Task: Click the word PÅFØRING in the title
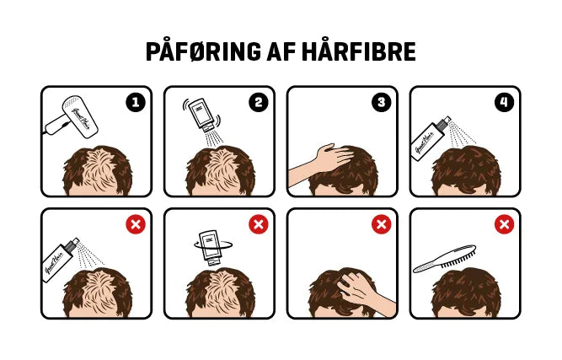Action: click(203, 51)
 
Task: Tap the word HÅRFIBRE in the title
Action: click(359, 51)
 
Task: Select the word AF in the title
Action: click(281, 52)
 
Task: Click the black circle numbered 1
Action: click(136, 103)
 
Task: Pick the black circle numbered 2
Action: click(259, 103)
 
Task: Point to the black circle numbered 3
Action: click(382, 103)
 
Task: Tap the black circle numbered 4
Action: click(505, 103)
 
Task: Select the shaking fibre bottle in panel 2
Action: click(202, 115)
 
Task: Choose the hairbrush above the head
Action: click(444, 259)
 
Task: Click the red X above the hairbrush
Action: click(505, 224)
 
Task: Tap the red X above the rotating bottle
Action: click(259, 224)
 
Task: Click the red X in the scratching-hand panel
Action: click(382, 224)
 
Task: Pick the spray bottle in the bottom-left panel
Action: click(60, 259)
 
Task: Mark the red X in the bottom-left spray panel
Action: click(136, 224)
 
